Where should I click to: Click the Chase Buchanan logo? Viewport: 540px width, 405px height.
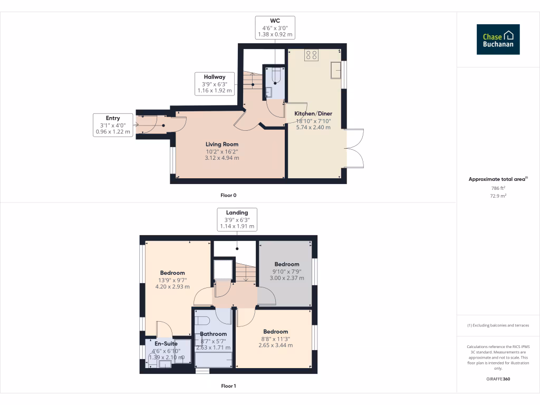(x=498, y=40)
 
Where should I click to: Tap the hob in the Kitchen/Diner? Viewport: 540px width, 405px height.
(x=311, y=55)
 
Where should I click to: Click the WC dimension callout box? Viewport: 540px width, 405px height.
(x=275, y=27)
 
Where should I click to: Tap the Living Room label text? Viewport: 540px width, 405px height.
(x=222, y=144)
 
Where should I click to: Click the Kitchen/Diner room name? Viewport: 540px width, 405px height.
(x=313, y=113)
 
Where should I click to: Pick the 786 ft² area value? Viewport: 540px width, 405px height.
(x=498, y=188)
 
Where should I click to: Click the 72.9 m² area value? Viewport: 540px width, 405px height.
(x=498, y=196)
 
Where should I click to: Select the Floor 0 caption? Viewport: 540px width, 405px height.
(x=228, y=195)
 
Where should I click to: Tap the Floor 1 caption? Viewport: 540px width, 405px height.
(x=228, y=386)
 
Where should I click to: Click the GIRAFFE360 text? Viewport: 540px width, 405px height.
(x=498, y=379)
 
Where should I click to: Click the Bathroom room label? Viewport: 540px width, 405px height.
(x=213, y=334)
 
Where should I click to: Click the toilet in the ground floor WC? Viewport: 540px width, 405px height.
(x=274, y=78)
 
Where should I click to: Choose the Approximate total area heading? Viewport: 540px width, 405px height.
(x=498, y=179)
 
